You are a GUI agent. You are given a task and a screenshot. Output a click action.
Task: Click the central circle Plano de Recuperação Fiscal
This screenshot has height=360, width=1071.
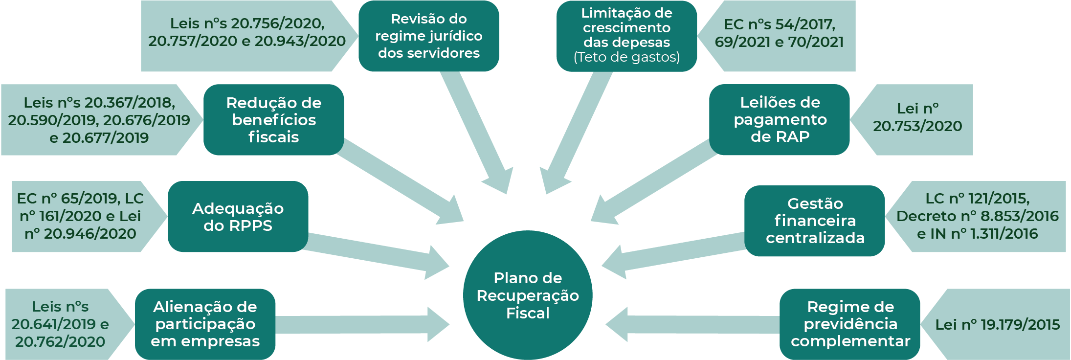click(x=528, y=295)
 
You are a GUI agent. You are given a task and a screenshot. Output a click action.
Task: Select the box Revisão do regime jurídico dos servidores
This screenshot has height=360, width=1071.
click(x=428, y=36)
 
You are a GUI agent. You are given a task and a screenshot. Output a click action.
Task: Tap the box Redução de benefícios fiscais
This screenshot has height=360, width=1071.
click(x=273, y=120)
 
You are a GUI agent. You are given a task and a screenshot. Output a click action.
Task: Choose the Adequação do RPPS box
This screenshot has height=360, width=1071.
click(x=238, y=217)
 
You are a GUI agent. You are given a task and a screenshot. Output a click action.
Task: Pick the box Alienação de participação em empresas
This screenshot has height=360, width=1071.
click(x=205, y=324)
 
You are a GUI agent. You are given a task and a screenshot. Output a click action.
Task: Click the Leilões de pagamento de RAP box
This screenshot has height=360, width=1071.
click(x=780, y=119)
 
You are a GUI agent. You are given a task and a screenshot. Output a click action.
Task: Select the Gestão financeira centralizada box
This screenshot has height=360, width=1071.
click(x=815, y=221)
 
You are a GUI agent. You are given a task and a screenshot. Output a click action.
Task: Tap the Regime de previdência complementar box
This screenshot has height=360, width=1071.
click(x=850, y=324)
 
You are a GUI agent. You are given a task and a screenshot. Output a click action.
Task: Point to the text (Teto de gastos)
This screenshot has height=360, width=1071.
click(x=626, y=57)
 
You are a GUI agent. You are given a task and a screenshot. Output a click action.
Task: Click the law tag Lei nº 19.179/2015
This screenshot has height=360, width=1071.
click(x=997, y=324)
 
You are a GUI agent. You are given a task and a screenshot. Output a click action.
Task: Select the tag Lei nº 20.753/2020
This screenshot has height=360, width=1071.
click(x=917, y=118)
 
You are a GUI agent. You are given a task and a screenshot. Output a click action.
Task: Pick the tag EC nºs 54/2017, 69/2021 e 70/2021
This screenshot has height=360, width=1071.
click(x=779, y=33)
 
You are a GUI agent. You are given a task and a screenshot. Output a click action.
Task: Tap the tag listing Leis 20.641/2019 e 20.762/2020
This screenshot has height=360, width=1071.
click(x=60, y=324)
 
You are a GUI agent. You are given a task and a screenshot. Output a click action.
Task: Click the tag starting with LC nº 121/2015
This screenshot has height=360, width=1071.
click(x=977, y=216)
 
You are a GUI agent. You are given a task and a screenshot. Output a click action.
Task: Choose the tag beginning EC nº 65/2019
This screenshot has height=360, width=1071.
click(x=81, y=216)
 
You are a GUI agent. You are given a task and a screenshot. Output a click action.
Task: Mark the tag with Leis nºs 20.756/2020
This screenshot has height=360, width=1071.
click(x=247, y=32)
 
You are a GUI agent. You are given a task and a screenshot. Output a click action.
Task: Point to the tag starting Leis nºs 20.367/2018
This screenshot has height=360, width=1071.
click(x=99, y=120)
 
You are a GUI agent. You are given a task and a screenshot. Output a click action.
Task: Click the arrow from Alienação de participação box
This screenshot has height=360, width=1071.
click(x=362, y=324)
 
